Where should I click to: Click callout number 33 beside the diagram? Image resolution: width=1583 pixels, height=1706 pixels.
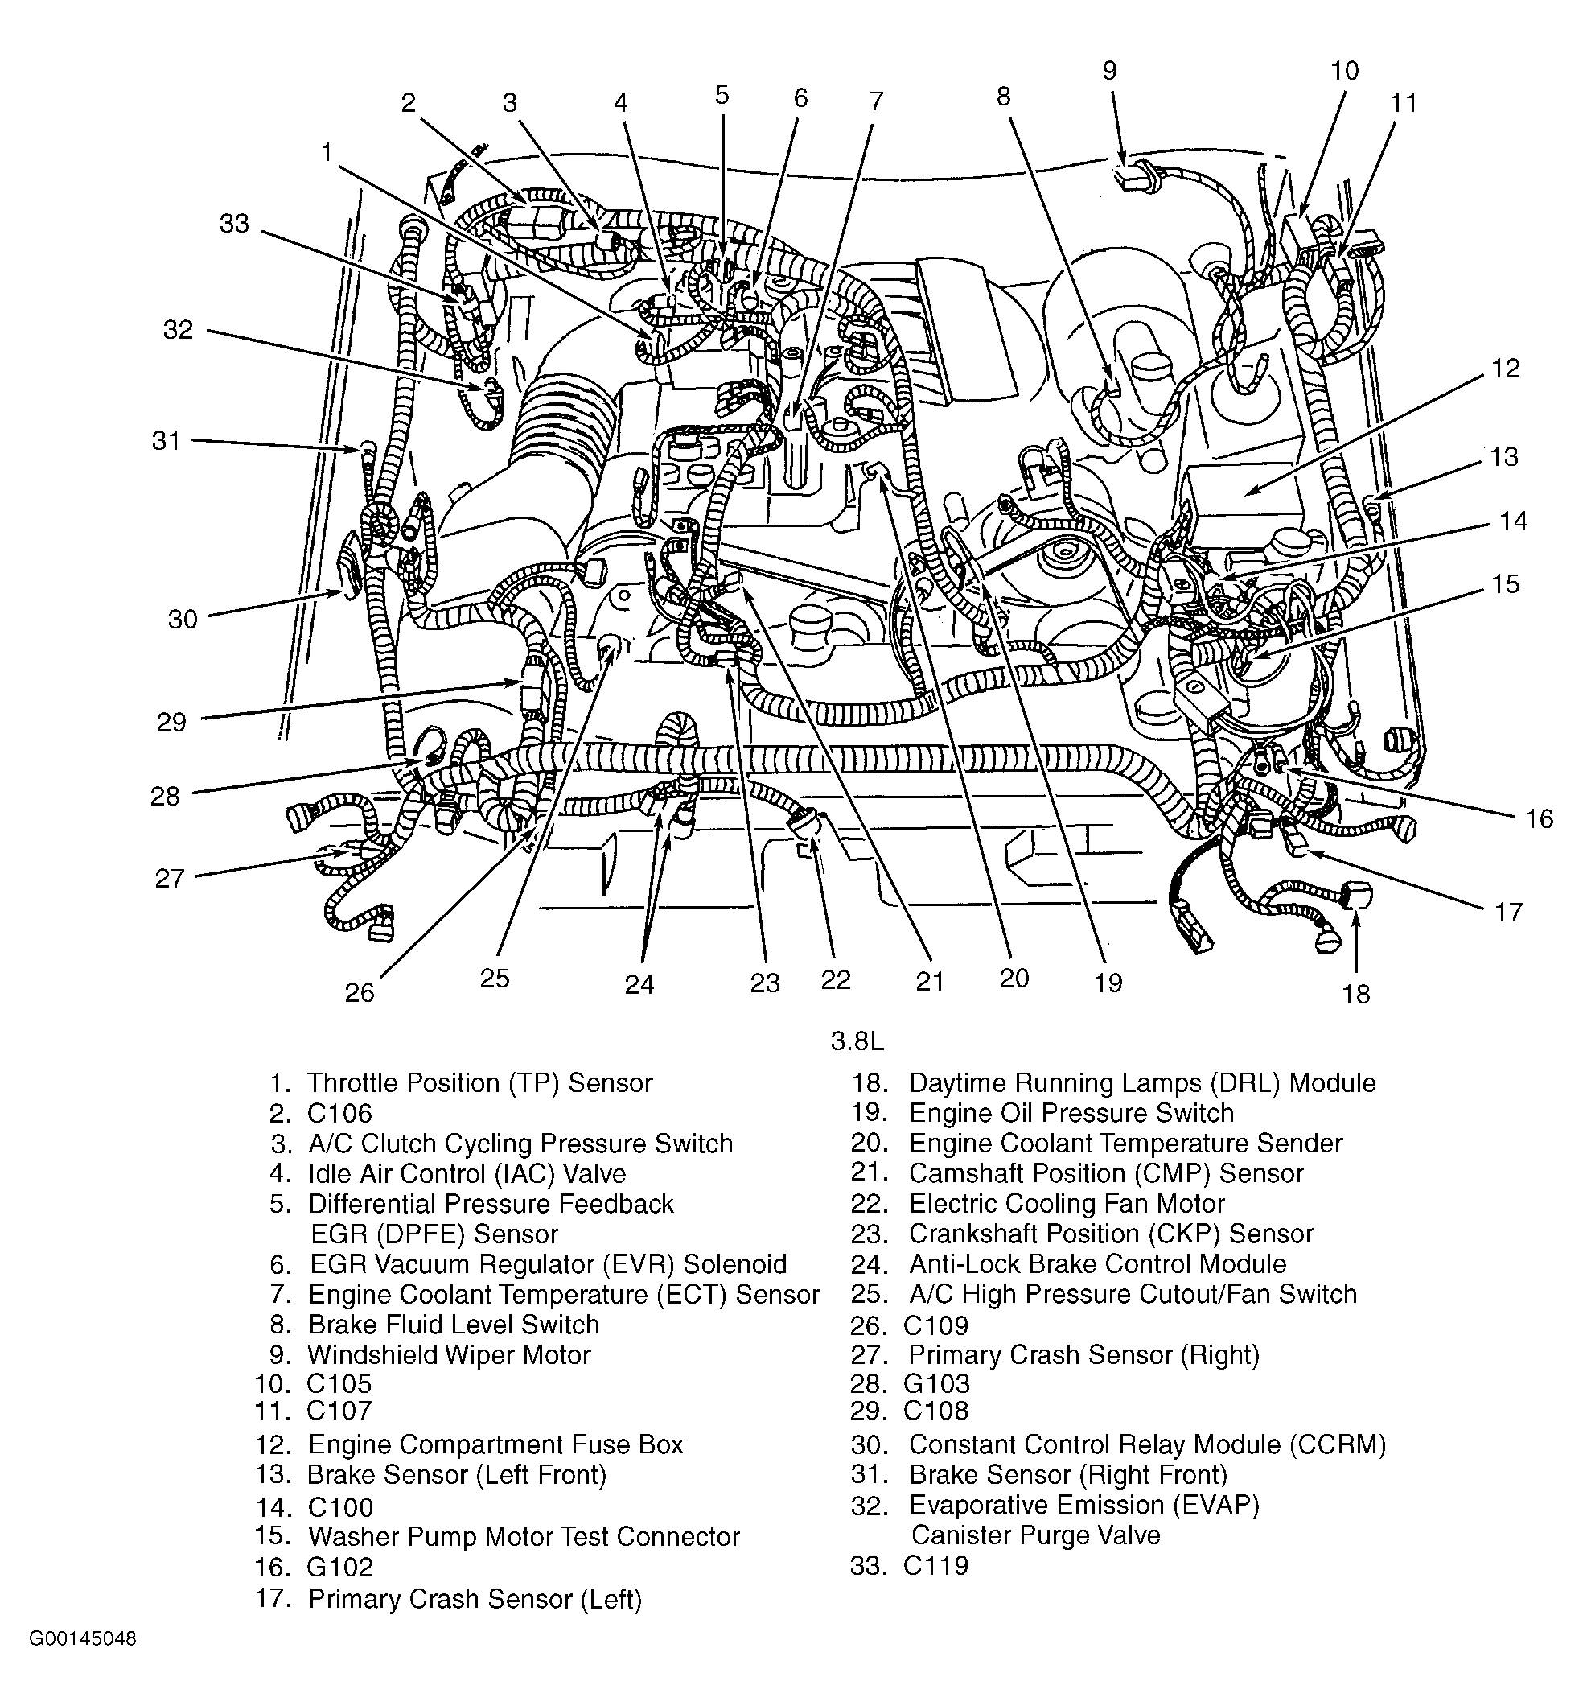click(x=234, y=224)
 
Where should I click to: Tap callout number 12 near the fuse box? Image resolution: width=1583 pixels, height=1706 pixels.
click(x=1504, y=369)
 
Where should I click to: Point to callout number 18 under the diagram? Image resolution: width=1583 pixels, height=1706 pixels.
click(x=1356, y=994)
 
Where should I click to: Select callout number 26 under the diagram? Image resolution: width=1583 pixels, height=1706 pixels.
click(x=360, y=992)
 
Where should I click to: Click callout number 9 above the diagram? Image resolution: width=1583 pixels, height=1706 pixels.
click(x=1109, y=70)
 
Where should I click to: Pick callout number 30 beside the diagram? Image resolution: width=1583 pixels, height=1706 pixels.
click(x=183, y=619)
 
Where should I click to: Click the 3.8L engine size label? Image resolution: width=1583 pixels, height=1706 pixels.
click(x=857, y=1041)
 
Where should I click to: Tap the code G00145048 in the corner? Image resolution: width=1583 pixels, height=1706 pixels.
click(x=83, y=1638)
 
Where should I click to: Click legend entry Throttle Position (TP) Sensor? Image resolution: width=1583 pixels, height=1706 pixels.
click(x=479, y=1083)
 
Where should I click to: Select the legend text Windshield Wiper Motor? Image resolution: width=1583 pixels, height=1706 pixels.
click(x=449, y=1354)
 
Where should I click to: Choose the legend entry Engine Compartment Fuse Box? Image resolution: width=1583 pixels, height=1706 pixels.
click(x=495, y=1444)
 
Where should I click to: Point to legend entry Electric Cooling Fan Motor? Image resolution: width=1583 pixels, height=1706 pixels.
click(x=1067, y=1204)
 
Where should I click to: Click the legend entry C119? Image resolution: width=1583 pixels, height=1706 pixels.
click(x=935, y=1565)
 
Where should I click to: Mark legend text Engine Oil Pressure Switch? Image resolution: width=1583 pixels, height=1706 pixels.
click(x=1071, y=1113)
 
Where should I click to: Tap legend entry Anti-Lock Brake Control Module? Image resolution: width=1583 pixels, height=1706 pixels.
click(x=1097, y=1264)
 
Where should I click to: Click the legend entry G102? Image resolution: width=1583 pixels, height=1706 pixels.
click(x=340, y=1568)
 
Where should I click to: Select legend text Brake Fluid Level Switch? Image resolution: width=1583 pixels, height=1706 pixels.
click(x=453, y=1325)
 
